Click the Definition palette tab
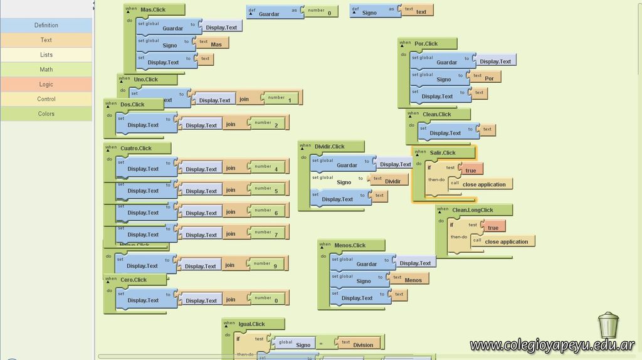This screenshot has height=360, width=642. [x=46, y=25]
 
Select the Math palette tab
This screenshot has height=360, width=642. [x=46, y=70]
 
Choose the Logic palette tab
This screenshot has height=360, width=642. [x=46, y=84]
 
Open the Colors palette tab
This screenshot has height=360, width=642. [x=46, y=114]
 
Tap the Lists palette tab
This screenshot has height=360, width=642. [x=46, y=55]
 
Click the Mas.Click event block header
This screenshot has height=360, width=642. [x=154, y=9]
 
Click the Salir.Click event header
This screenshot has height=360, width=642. [x=443, y=152]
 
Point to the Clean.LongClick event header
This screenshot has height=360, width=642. [x=473, y=210]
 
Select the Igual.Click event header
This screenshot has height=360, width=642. [x=252, y=324]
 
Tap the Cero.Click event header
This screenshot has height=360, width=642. [x=134, y=280]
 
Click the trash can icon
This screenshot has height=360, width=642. [x=608, y=325]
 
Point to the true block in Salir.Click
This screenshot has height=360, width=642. [x=470, y=170]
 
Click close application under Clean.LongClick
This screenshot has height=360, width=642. [x=506, y=241]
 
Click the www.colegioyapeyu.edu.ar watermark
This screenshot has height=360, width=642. [x=552, y=346]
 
